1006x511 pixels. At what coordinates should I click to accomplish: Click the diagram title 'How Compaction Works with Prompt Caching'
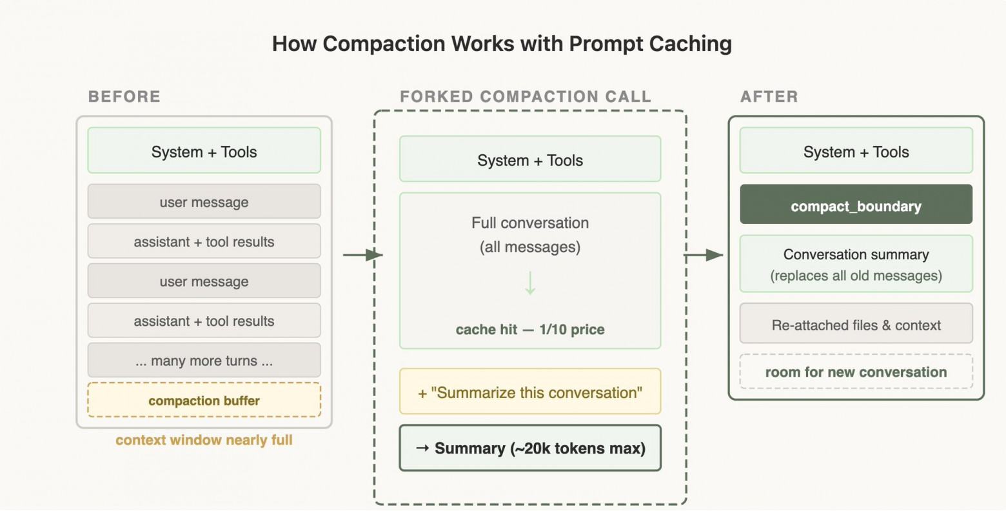pos(502,44)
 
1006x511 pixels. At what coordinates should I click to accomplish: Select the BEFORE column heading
pos(124,97)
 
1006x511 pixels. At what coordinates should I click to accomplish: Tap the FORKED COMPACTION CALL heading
pos(526,97)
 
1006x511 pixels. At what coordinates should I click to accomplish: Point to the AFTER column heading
pos(769,97)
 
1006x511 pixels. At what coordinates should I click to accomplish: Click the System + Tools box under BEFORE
pos(204,151)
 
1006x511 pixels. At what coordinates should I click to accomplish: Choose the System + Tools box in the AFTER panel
pos(856,151)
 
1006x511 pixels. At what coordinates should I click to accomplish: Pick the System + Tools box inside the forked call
pos(530,159)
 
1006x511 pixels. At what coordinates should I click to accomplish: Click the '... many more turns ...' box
pos(204,361)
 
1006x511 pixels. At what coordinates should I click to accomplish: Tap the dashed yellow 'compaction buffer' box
pos(204,400)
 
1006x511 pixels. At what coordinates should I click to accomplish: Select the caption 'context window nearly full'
pos(204,440)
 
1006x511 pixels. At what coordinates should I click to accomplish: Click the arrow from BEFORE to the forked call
pos(362,255)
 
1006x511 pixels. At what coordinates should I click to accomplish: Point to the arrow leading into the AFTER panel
pos(704,255)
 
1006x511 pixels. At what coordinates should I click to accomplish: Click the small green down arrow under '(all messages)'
pos(530,283)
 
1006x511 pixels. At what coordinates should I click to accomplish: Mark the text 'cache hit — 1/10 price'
pos(530,330)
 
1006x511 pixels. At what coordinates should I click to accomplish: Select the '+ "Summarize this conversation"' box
pos(530,392)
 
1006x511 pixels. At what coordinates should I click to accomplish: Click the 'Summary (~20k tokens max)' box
pos(530,448)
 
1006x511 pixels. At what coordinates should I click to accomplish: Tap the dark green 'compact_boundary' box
pos(856,205)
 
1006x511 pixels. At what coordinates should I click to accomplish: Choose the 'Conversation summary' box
pos(856,264)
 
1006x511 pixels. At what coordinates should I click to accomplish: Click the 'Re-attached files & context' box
pos(856,325)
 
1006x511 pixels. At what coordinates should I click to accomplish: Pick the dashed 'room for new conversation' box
pos(856,372)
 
